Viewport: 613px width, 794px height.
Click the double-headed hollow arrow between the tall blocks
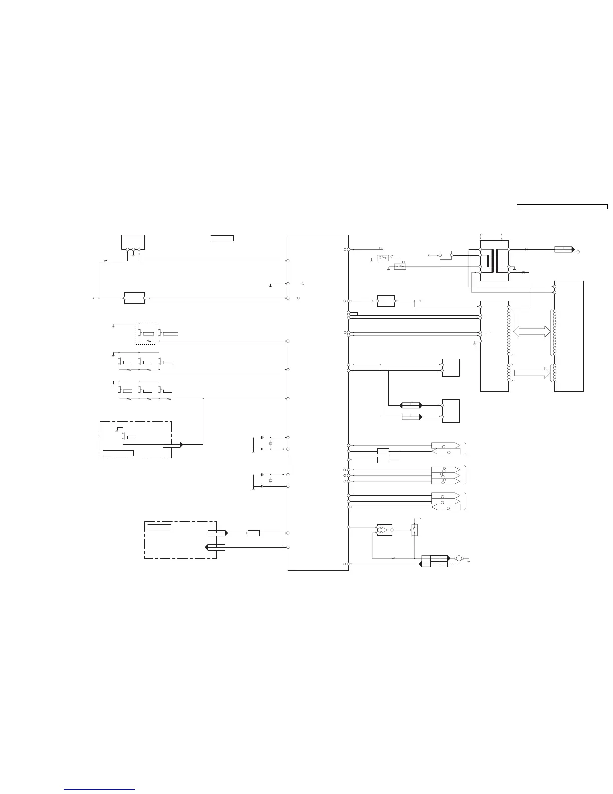click(x=531, y=330)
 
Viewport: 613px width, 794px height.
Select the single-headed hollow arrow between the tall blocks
click(x=531, y=372)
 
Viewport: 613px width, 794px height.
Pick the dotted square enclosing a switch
click(x=145, y=333)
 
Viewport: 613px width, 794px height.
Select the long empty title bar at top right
click(x=562, y=206)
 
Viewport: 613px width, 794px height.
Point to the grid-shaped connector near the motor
click(x=434, y=561)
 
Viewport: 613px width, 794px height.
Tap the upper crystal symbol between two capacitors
click(x=270, y=443)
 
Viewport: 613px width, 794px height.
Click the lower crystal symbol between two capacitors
click(x=270, y=480)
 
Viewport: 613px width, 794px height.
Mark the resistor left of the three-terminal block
click(x=106, y=261)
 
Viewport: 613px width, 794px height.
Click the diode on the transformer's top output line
click(x=525, y=249)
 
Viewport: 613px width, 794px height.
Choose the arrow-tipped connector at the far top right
click(x=564, y=249)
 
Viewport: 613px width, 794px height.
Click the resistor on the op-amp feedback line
click(x=393, y=558)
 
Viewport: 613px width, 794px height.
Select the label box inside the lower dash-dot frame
click(x=159, y=527)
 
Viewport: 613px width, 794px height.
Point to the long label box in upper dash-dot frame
click(x=118, y=453)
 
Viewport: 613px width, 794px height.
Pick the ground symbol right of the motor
click(x=468, y=561)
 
